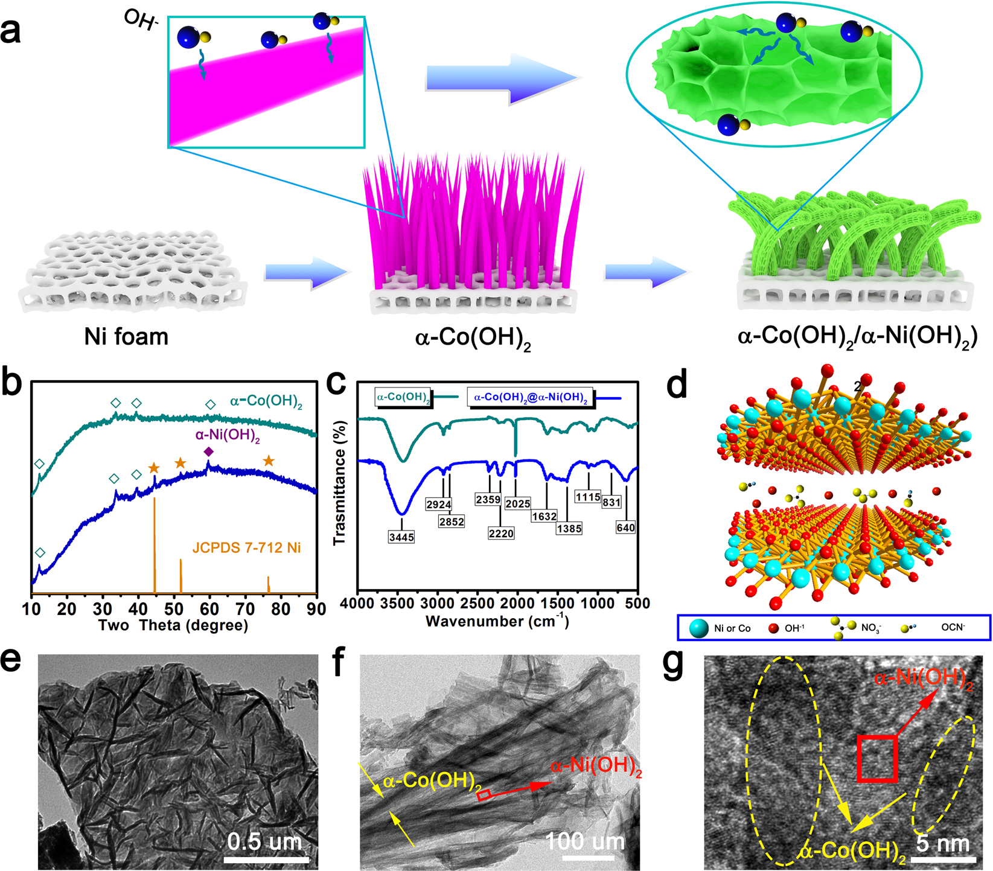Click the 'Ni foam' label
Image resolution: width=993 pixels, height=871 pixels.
point(126,336)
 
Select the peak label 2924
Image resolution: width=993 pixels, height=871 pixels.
point(438,505)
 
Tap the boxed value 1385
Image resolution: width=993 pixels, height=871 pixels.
point(569,529)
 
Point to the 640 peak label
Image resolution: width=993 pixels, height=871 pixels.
point(625,528)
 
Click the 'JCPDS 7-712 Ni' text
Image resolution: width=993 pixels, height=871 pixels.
point(246,548)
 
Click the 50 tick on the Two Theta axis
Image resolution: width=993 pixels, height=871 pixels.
point(174,608)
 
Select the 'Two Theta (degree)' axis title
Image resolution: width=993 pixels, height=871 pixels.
point(173,625)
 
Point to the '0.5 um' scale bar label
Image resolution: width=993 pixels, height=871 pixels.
point(264,841)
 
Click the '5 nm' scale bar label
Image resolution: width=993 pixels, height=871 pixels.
point(943,843)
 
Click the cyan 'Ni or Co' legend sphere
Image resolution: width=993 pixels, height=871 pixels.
point(698,628)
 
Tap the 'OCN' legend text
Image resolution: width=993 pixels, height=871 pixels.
point(953,628)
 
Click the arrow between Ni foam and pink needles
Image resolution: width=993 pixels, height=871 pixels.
point(307,273)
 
